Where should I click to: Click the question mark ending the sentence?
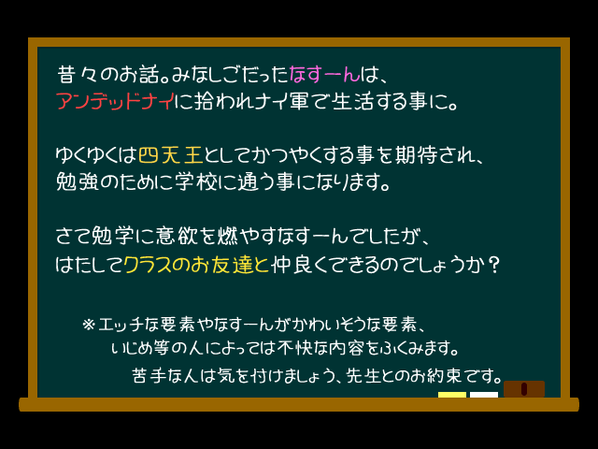494,264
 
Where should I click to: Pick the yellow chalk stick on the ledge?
452,395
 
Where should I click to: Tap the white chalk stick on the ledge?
483,395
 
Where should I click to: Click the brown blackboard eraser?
523,388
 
